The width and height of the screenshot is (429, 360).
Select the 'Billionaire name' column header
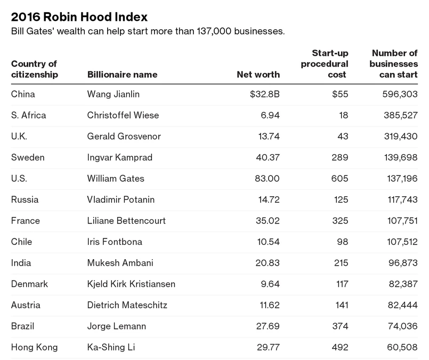pyautogui.click(x=122, y=75)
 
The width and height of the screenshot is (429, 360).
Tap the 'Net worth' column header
pyautogui.click(x=258, y=75)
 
